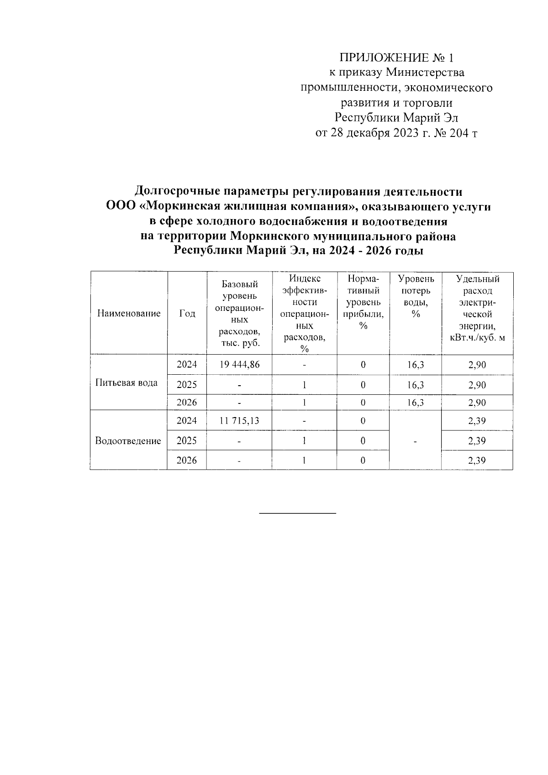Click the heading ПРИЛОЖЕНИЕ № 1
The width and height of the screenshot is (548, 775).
click(x=396, y=58)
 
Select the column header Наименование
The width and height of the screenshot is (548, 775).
click(x=129, y=314)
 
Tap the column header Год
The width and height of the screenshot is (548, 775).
click(x=187, y=314)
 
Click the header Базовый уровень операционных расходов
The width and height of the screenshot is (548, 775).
click(x=240, y=314)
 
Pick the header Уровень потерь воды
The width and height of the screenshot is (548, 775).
click(x=415, y=296)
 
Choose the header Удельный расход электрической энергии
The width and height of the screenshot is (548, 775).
click(x=477, y=308)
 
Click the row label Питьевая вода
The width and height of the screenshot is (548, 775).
click(x=126, y=383)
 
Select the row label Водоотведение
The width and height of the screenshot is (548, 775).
click(x=128, y=441)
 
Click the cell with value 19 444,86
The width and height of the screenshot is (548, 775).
click(x=239, y=365)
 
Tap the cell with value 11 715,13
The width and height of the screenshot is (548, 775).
click(x=239, y=421)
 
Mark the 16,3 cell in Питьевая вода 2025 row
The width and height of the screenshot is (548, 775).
click(x=415, y=385)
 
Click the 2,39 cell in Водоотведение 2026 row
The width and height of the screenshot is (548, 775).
click(x=477, y=461)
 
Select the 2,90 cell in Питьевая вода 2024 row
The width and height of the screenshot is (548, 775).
click(x=477, y=365)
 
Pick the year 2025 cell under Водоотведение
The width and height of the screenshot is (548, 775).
click(x=187, y=441)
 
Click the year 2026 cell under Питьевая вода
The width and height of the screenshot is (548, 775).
click(x=187, y=403)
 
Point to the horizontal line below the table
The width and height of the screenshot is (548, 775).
click(x=297, y=514)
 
